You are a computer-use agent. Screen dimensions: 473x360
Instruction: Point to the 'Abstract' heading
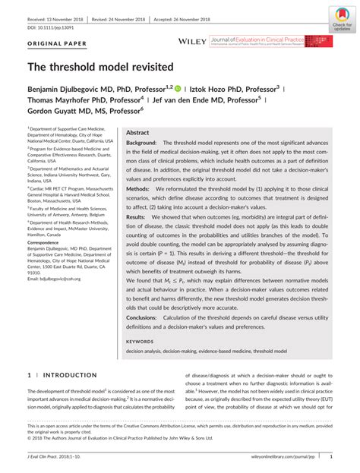click(137, 132)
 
